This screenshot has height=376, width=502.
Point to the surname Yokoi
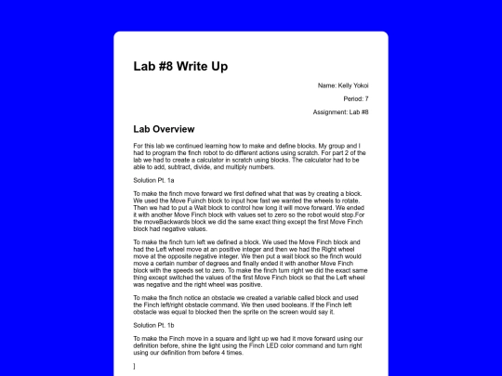[x=360, y=85]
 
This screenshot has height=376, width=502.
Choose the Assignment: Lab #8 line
[x=340, y=111]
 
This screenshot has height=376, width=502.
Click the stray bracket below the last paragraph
[x=135, y=366]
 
